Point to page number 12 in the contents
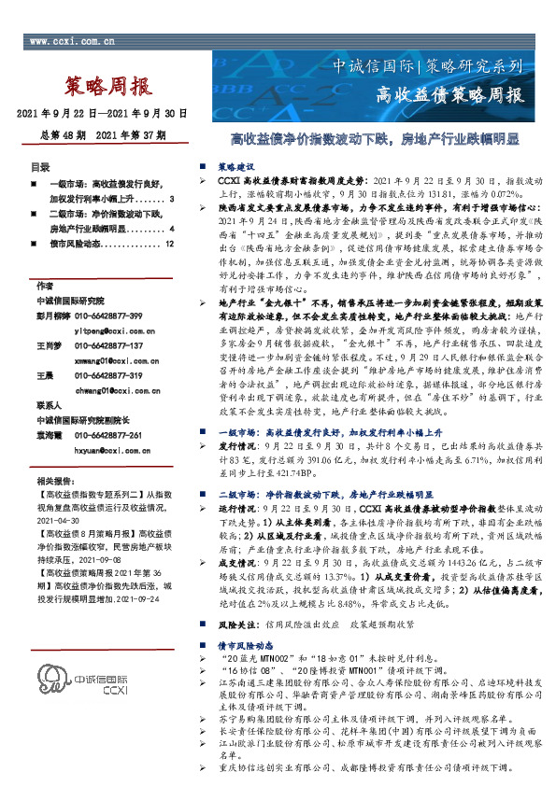[x=169, y=244]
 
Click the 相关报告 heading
[x=48, y=485]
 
